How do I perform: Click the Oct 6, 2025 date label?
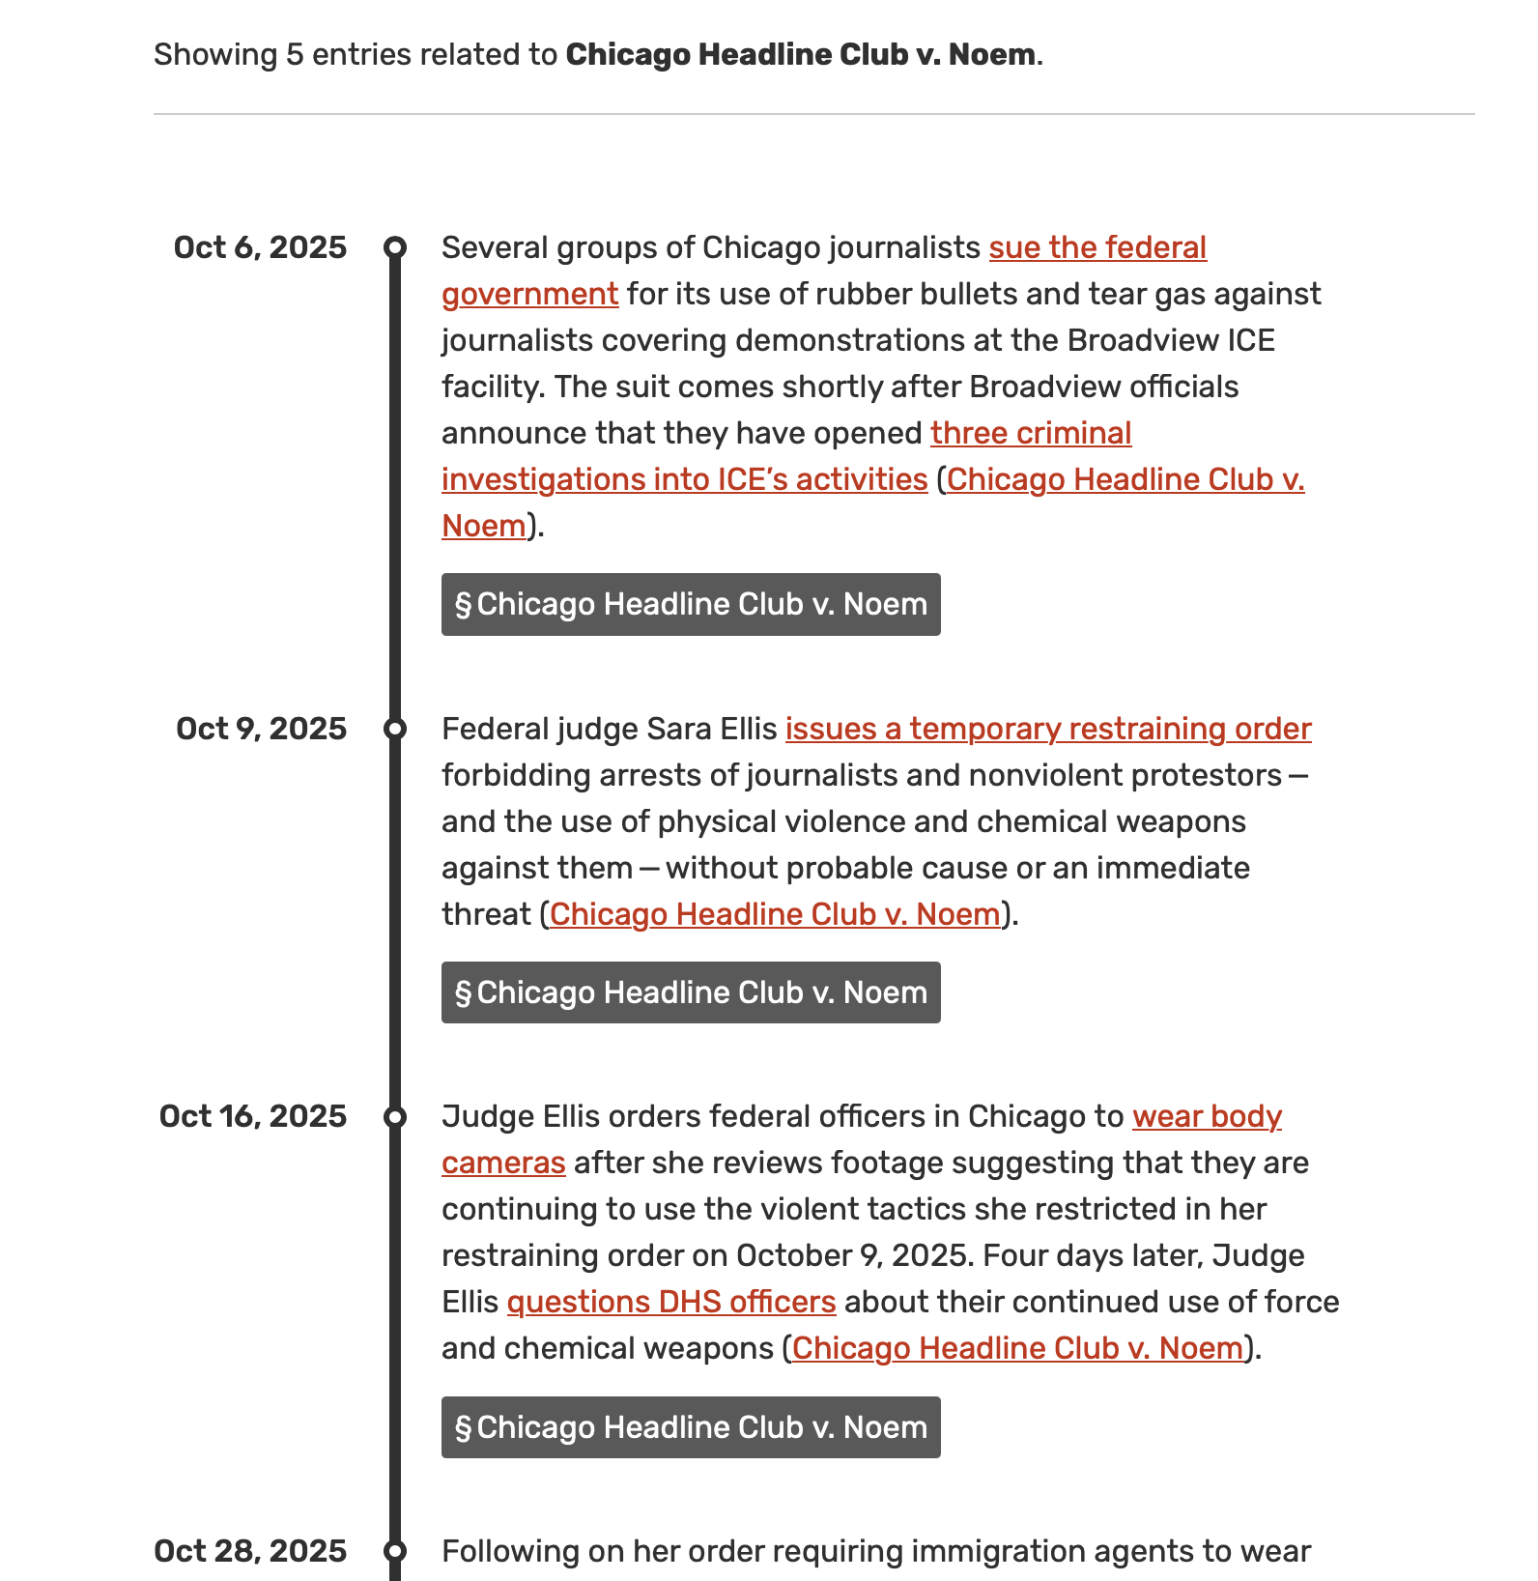pos(260,247)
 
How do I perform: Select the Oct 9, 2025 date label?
pos(261,729)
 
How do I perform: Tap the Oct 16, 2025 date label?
pos(253,1116)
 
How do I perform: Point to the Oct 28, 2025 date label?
pos(250,1551)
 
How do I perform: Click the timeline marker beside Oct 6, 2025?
pos(395,247)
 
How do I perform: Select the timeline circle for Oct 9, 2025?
pos(395,729)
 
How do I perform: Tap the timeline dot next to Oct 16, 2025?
pos(395,1117)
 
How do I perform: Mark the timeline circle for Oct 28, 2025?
pos(395,1551)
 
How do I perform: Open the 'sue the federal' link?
pos(1097,247)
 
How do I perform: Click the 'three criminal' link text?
pos(1031,433)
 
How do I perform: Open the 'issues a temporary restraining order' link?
pos(1048,729)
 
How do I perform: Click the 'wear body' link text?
pos(1207,1116)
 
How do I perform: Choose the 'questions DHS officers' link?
pos(671,1302)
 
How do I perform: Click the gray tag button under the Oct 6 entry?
pos(691,604)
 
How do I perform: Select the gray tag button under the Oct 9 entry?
pos(691,992)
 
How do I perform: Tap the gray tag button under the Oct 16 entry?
pos(691,1427)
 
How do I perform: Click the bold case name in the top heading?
pos(801,54)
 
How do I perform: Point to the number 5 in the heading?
pos(295,54)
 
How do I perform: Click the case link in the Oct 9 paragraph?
pos(775,914)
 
